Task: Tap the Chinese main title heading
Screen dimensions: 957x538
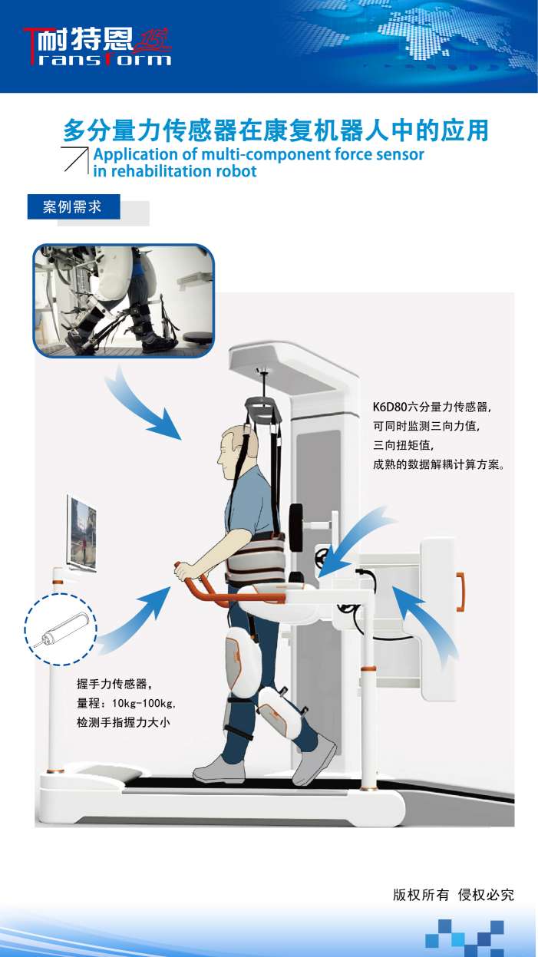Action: point(275,130)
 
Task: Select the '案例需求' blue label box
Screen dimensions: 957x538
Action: point(74,207)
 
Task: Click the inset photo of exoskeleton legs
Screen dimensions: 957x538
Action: point(123,301)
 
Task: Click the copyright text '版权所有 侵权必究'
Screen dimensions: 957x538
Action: point(453,895)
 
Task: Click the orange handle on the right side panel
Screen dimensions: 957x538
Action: point(460,592)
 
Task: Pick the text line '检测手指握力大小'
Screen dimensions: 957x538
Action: point(123,722)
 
